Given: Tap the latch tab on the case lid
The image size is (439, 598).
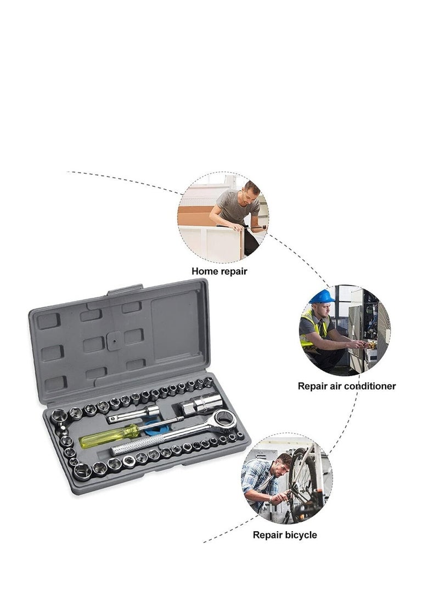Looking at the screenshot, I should [125, 290].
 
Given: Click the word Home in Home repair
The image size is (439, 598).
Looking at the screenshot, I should [204, 271].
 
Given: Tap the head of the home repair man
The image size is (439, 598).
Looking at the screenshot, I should [252, 190].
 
